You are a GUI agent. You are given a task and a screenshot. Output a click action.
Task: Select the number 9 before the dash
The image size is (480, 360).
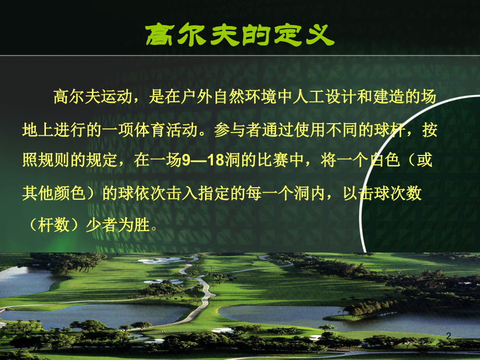(x=186, y=162)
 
